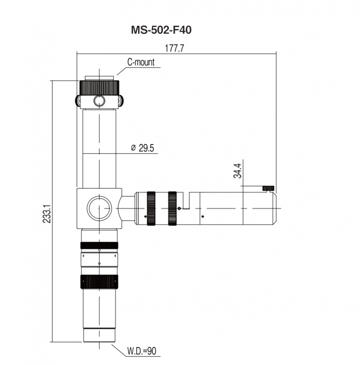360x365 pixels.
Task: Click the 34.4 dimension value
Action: click(238, 171)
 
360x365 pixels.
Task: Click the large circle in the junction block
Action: click(99, 208)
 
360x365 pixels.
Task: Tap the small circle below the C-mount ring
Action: click(99, 101)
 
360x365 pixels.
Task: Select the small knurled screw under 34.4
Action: click(269, 188)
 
